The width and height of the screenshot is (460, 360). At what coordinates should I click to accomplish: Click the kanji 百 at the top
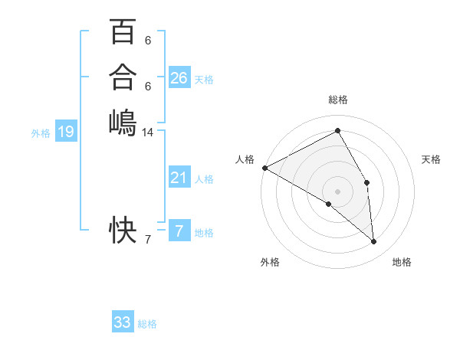(123, 33)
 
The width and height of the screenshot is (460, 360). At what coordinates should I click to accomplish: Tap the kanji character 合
(123, 77)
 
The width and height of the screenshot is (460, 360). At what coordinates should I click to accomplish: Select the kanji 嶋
(123, 121)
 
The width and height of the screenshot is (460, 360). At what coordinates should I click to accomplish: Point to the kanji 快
(123, 229)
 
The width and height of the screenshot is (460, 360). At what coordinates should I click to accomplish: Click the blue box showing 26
(179, 78)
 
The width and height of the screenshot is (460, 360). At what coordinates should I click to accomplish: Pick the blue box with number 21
(179, 178)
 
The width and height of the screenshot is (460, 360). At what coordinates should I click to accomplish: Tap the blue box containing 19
(66, 133)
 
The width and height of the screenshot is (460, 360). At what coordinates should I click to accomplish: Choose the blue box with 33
(123, 322)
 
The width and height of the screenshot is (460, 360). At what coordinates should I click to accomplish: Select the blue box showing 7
(179, 231)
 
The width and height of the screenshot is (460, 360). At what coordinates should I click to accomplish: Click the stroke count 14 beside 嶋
(148, 133)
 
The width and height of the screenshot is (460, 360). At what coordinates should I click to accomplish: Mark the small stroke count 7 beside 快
(147, 241)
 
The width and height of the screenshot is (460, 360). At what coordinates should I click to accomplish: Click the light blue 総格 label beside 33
(147, 324)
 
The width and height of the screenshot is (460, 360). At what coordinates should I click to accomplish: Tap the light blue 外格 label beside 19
(41, 133)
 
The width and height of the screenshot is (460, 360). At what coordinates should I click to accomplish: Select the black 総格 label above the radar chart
(338, 100)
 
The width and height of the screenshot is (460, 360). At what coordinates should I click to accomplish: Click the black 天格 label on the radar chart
(432, 159)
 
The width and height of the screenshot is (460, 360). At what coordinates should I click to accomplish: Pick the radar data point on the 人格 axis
(264, 168)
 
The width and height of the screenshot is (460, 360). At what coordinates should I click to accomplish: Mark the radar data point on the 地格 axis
(374, 241)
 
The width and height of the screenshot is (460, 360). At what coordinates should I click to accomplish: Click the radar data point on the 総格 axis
(338, 130)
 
